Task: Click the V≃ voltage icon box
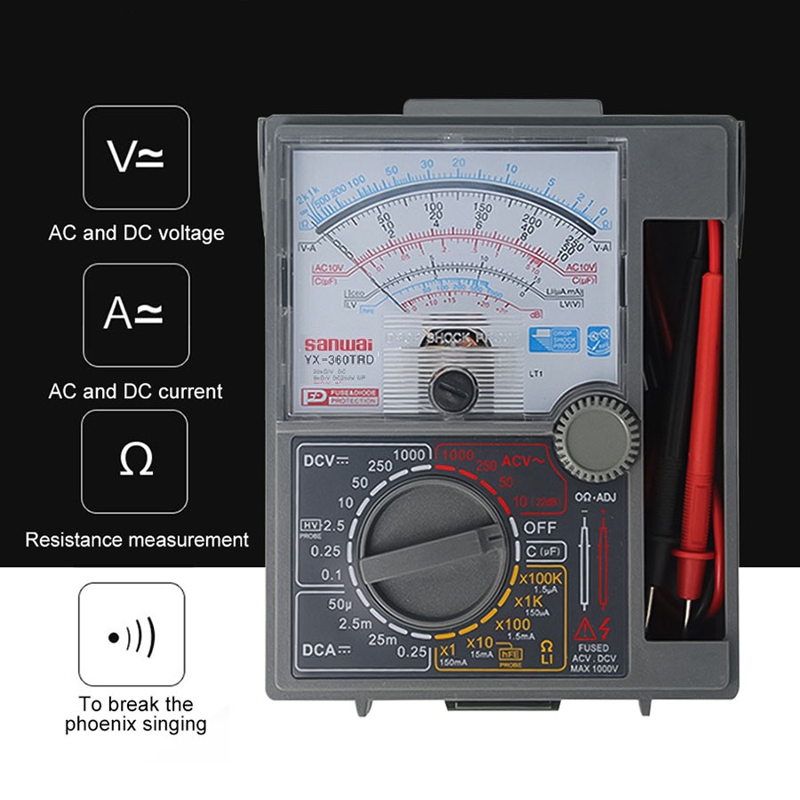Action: pyautogui.click(x=136, y=157)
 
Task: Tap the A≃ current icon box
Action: pyautogui.click(x=136, y=316)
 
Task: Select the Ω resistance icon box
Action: pyautogui.click(x=135, y=460)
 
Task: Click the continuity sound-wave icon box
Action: pyautogui.click(x=132, y=635)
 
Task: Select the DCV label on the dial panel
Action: pyautogui.click(x=324, y=461)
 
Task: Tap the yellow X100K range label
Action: pyautogui.click(x=540, y=579)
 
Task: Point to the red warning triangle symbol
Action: pyautogui.click(x=585, y=630)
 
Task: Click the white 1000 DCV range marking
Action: pyautogui.click(x=408, y=454)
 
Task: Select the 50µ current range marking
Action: pyautogui.click(x=329, y=604)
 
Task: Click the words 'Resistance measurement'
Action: pyautogui.click(x=137, y=540)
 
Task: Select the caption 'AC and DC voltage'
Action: pyautogui.click(x=136, y=234)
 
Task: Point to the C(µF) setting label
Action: pyautogui.click(x=545, y=551)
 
